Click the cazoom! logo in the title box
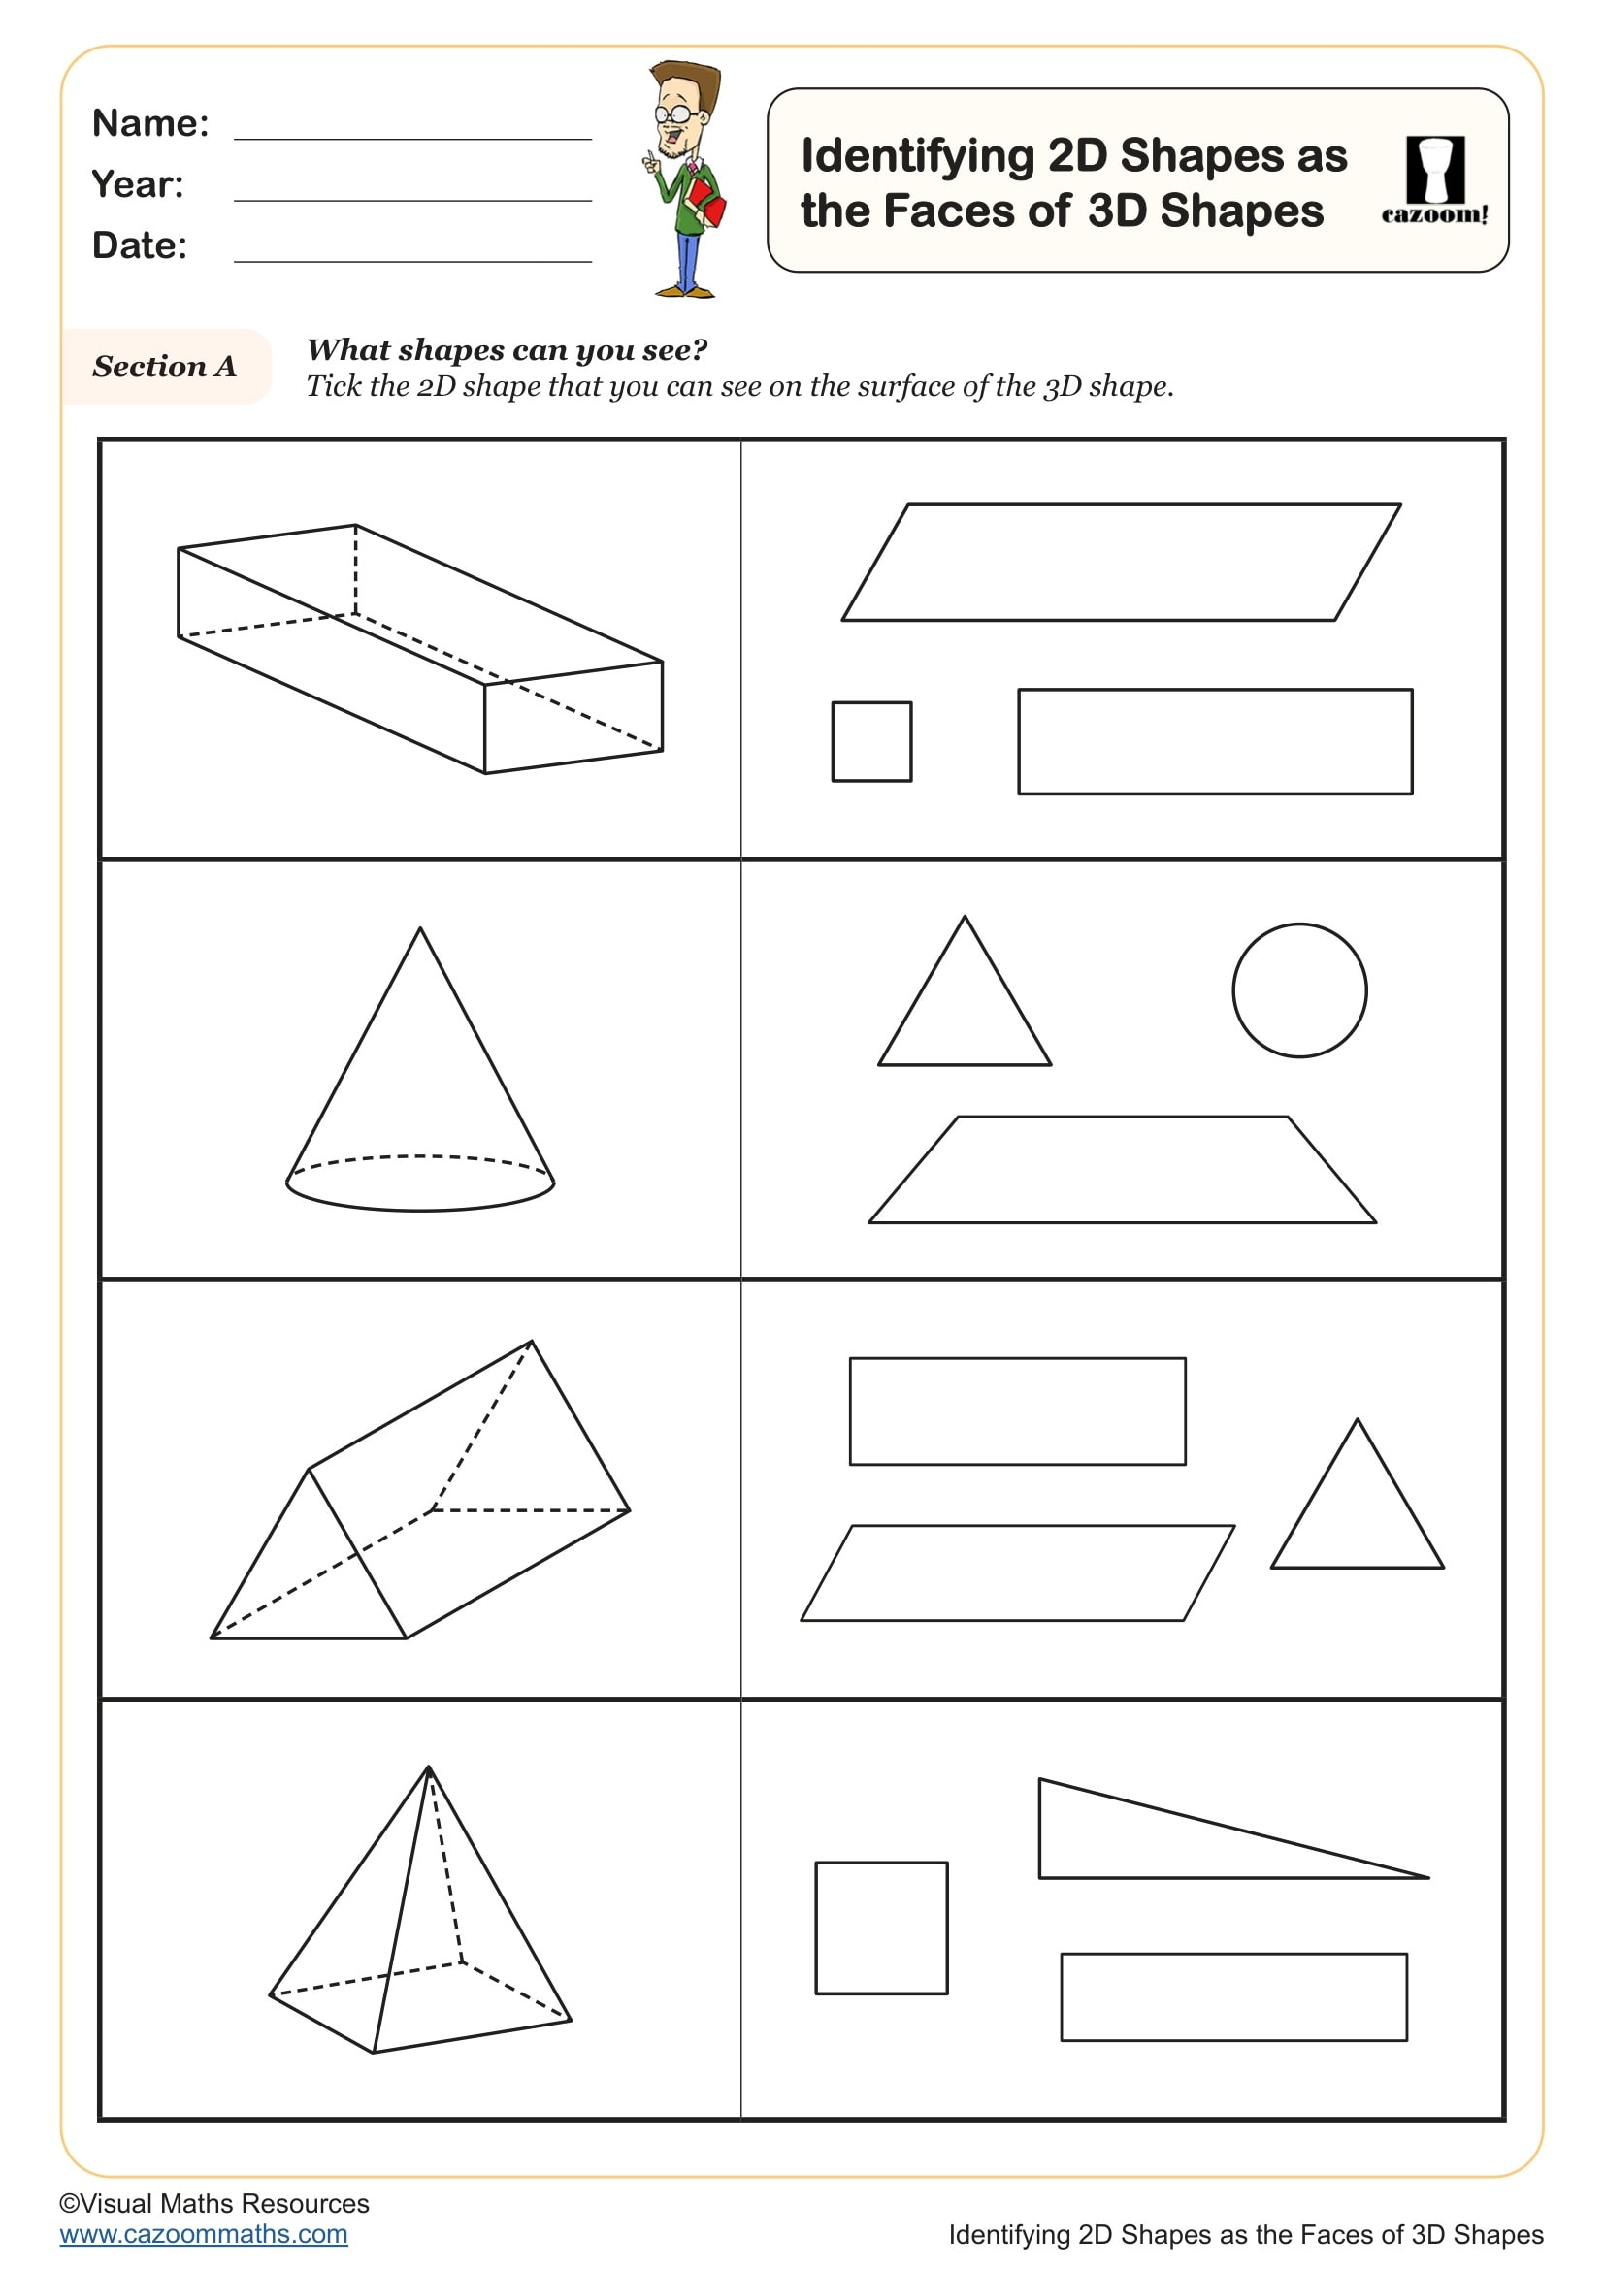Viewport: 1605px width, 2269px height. point(1434,180)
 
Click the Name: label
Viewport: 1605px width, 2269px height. point(150,123)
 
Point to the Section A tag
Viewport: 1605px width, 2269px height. point(164,367)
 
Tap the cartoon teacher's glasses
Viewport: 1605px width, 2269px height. point(675,114)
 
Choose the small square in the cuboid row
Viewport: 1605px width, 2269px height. point(871,741)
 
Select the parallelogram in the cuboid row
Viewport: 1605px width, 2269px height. point(1121,563)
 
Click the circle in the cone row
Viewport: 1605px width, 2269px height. point(1299,990)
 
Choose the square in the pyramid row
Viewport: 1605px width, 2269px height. point(881,1929)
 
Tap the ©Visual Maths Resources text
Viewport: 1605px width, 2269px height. point(214,2203)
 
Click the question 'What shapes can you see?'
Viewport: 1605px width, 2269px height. point(507,350)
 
